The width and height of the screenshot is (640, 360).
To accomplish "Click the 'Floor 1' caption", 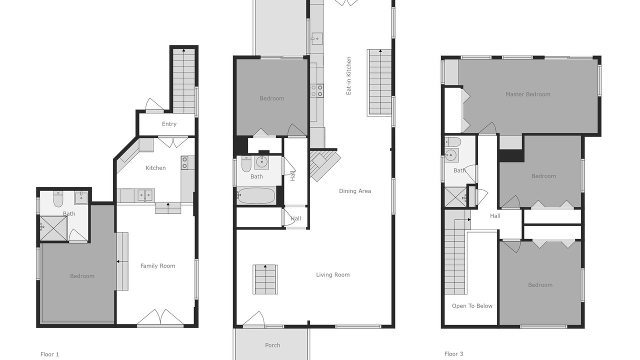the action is coord(49,354).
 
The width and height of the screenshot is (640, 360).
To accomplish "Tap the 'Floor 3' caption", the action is coord(453,354).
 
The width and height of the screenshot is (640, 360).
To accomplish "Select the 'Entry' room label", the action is coord(169,124).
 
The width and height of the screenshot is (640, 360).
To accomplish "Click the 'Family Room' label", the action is coord(157,266).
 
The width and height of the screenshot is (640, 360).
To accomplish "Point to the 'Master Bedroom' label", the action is coord(528,94).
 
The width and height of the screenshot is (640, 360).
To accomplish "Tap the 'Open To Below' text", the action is coord(472,306).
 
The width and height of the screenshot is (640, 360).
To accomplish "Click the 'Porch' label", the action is coord(272,345).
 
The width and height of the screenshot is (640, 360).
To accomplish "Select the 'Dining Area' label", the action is coord(355,191).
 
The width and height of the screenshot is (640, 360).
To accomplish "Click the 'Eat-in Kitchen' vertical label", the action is coord(348,75).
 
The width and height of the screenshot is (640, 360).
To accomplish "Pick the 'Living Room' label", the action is coord(333,275).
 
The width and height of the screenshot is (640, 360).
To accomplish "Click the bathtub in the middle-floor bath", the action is coord(256,195).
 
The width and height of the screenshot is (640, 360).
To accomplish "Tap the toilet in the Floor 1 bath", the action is coord(58,199).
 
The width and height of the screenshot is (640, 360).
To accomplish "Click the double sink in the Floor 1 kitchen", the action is coord(145,195).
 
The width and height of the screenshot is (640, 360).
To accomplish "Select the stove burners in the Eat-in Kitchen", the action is coord(317,90).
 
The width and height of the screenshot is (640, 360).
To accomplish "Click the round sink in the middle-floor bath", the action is coord(261,162).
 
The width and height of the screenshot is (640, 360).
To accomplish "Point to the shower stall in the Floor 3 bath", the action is coord(455,197).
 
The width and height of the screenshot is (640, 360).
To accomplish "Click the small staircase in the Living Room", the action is coord(265,279).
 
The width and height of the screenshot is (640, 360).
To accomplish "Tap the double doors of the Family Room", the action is coord(160,317).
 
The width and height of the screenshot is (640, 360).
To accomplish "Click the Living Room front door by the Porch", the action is coord(253,318).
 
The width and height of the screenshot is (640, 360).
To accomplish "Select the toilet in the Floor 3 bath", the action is coord(453,142).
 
